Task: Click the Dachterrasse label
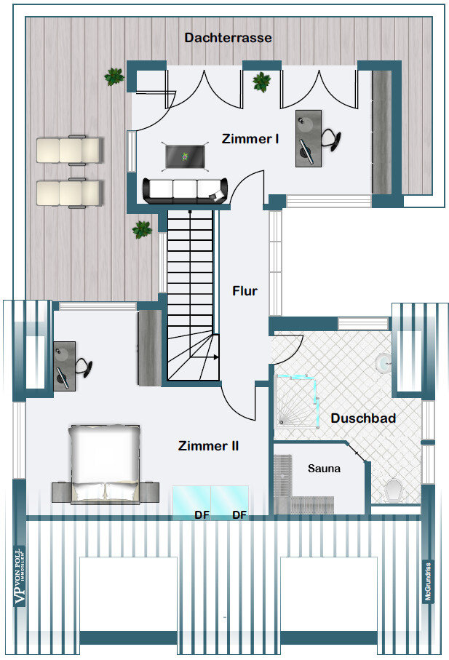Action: [228, 38]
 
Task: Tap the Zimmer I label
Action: [250, 138]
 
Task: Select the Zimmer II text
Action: [208, 446]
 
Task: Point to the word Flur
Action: [245, 291]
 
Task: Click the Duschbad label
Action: [363, 418]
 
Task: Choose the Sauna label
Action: [324, 469]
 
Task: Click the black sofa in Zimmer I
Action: [185, 190]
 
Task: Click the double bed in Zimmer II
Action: [104, 464]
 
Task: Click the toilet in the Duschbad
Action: [393, 489]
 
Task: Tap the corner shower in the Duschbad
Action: [297, 402]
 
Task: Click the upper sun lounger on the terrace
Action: [69, 150]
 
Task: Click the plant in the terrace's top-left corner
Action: [114, 76]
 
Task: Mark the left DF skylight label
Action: [202, 515]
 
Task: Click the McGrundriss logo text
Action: [428, 582]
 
